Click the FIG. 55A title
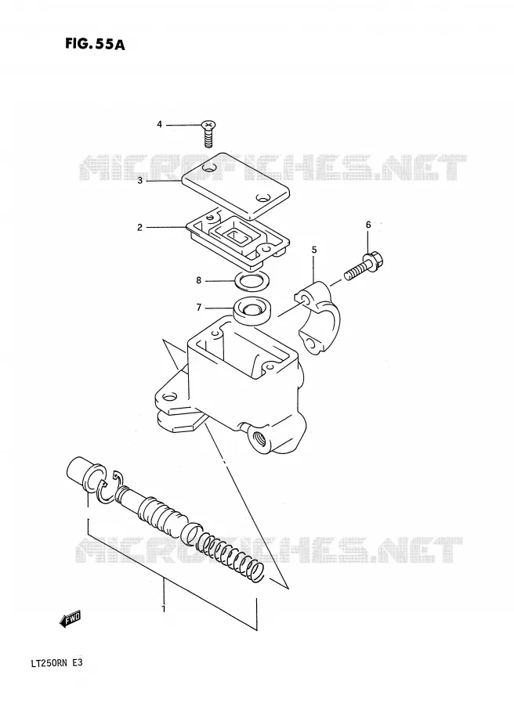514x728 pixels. pyautogui.click(x=95, y=44)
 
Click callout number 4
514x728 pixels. pyautogui.click(x=159, y=124)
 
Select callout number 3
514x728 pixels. pyautogui.click(x=140, y=181)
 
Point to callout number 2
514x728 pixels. pyautogui.click(x=139, y=228)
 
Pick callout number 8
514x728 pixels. pyautogui.click(x=199, y=280)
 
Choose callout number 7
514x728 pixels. pyautogui.click(x=199, y=307)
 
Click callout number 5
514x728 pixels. pyautogui.click(x=314, y=250)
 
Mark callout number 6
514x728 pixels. pyautogui.click(x=368, y=225)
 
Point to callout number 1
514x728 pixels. pyautogui.click(x=163, y=608)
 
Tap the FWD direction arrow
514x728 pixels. pyautogui.click(x=71, y=619)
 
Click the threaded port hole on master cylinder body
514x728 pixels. pyautogui.click(x=259, y=438)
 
